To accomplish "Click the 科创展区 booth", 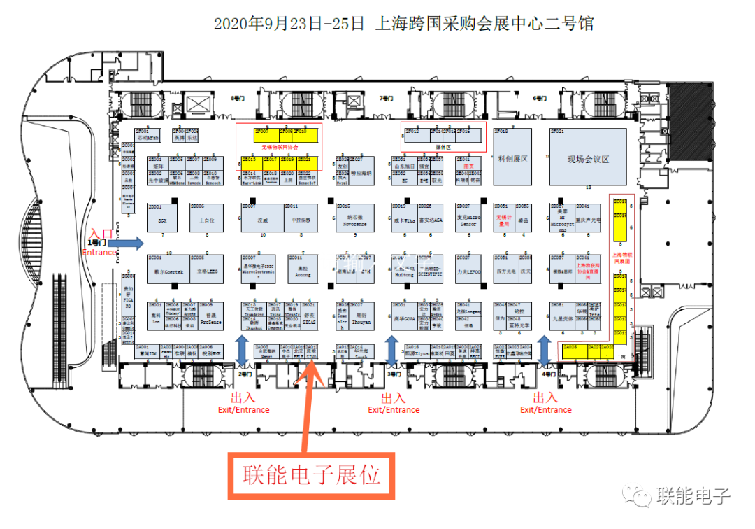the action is (x=512, y=159).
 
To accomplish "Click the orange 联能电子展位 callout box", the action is (x=311, y=476).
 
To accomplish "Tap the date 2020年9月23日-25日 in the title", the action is (x=289, y=24).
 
